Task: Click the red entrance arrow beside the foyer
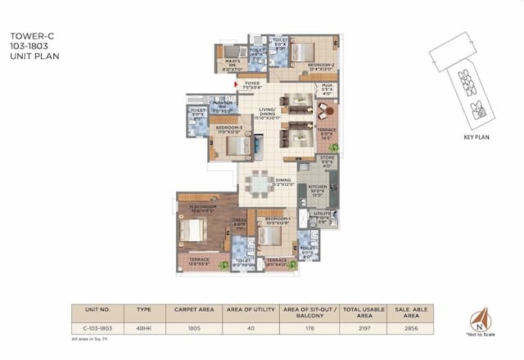[236, 83]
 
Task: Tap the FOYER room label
[251, 83]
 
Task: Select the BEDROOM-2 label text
[302, 65]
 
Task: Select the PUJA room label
[326, 87]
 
